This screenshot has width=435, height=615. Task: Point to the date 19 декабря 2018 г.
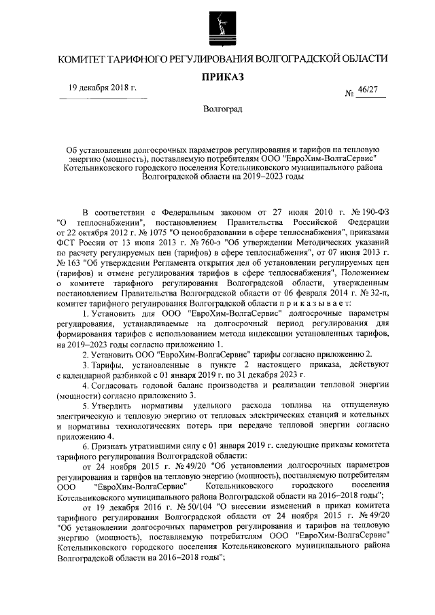tap(103, 88)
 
